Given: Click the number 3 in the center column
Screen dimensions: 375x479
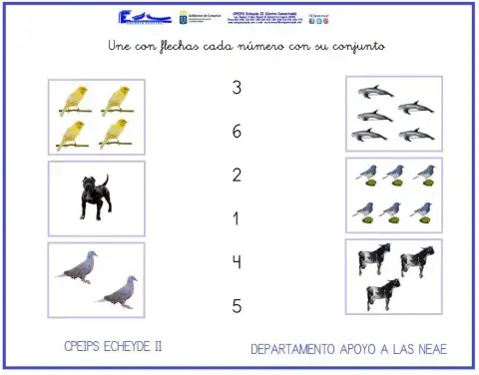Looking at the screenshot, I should [237, 88].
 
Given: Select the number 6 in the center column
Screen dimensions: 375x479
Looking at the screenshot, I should [237, 132].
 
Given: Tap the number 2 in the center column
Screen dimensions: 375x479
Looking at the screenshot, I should [237, 176].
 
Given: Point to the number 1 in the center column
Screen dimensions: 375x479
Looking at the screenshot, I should [237, 218].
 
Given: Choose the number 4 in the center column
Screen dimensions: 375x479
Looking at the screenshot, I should [237, 262].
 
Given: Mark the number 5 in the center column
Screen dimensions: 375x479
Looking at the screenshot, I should [237, 306].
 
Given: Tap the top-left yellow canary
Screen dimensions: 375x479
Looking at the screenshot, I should [73, 98].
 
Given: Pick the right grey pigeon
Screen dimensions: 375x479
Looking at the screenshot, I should [118, 292].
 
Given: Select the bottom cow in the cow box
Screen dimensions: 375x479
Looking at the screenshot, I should [382, 292].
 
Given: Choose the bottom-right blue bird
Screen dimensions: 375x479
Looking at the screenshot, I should [423, 210].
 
